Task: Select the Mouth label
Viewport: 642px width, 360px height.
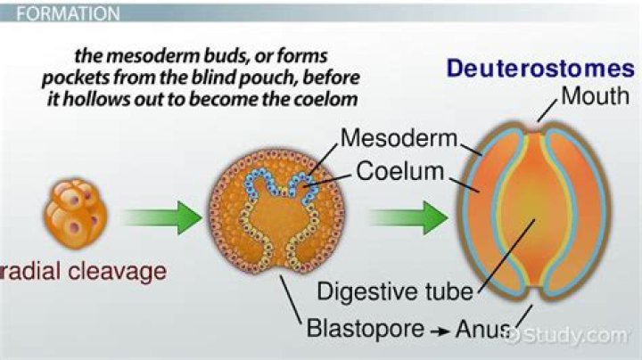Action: tap(595, 95)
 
